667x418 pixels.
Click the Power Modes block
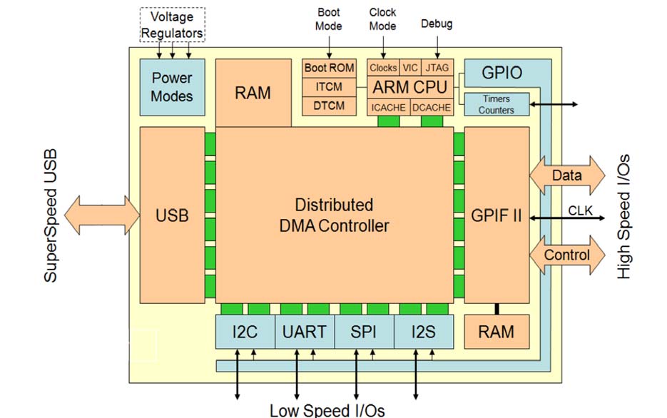172,86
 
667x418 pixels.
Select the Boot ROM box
329,68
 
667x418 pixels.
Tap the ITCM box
329,87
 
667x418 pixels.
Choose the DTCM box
329,106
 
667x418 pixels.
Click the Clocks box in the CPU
383,68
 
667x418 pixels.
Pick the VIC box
410,68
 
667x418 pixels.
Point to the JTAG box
437,68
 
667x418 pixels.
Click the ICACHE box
388,107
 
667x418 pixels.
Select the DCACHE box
432,107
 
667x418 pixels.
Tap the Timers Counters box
497,104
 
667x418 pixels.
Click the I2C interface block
245,332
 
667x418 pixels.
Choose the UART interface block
305,332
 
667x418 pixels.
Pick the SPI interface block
364,332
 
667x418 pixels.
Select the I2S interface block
424,332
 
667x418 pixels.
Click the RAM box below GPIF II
497,332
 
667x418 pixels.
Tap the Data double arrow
566,175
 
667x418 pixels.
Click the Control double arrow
566,255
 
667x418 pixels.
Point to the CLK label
581,210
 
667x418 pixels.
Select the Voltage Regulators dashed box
172,25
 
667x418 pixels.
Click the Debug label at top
437,24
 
